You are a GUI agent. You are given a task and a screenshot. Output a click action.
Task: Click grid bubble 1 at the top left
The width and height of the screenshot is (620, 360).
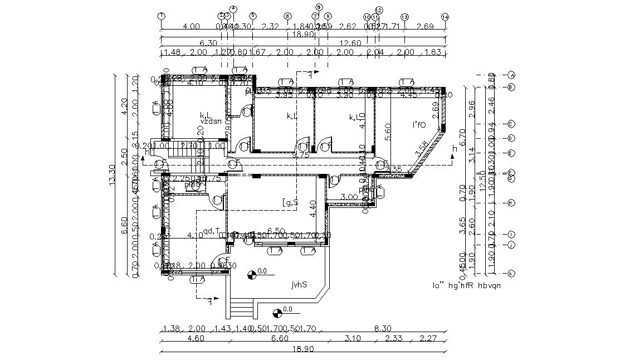[x=161, y=16]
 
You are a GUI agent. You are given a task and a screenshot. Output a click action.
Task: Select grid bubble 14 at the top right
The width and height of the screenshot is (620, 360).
[x=445, y=17]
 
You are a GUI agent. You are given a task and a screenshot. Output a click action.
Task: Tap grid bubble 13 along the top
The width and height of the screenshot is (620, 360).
[x=404, y=17]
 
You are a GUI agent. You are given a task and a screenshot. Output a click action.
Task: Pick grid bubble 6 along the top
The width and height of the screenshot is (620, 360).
[x=287, y=16]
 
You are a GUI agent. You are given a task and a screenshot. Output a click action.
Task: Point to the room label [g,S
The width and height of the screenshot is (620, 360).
[x=290, y=203]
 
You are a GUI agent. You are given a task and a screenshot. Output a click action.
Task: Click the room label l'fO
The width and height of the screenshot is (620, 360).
[x=418, y=125]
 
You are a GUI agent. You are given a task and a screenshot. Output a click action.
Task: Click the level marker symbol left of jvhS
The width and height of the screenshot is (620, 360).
[x=251, y=274]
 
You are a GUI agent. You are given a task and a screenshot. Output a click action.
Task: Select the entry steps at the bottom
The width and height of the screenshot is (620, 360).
[x=241, y=307]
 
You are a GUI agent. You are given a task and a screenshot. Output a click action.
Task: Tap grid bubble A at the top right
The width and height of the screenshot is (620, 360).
[x=512, y=75]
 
